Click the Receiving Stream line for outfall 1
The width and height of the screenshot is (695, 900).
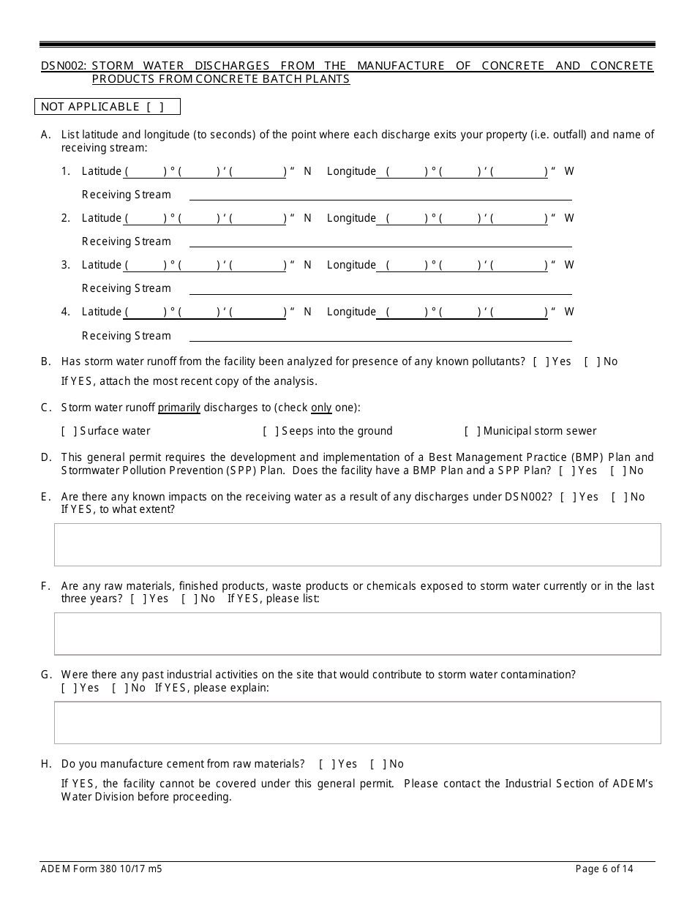[x=380, y=195]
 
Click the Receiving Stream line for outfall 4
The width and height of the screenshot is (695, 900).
[x=380, y=337]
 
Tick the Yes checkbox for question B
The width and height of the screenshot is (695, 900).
[x=541, y=361]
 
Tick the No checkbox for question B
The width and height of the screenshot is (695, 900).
[x=592, y=361]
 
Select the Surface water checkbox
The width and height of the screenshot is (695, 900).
[x=69, y=431]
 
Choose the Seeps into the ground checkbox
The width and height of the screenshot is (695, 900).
[x=271, y=431]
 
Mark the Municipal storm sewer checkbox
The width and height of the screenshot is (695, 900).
[x=473, y=431]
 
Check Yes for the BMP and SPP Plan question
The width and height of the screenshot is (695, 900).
[x=567, y=470]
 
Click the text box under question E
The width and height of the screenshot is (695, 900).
[x=357, y=544]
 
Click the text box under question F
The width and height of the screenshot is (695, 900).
[x=357, y=634]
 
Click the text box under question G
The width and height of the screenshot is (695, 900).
[x=357, y=723]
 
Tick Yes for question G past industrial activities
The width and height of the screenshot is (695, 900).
[x=69, y=688]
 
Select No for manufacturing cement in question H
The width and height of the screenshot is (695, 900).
[x=378, y=764]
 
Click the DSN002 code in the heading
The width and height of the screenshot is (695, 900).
[x=64, y=66]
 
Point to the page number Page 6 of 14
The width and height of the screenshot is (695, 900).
[x=604, y=869]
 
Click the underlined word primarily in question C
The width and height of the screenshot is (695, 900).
[x=179, y=408]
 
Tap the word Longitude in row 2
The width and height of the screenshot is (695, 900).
[x=351, y=218]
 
